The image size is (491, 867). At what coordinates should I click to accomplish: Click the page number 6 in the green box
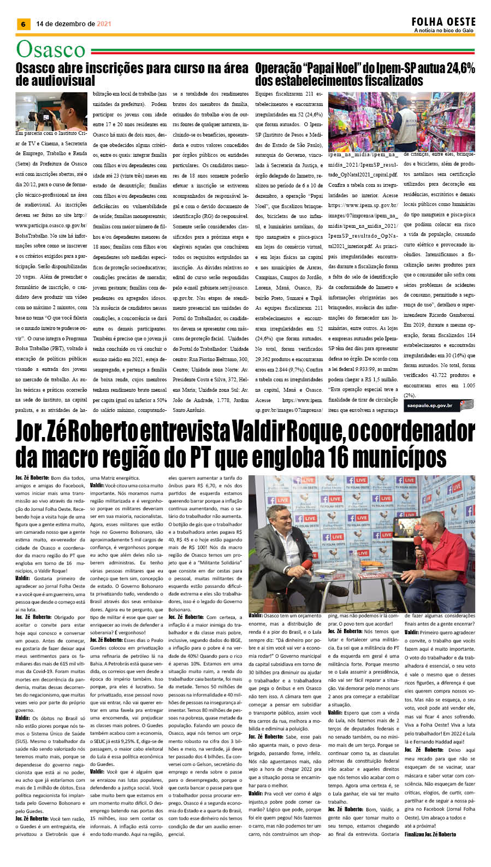coord(23,24)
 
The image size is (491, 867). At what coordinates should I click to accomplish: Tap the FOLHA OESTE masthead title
coord(443,22)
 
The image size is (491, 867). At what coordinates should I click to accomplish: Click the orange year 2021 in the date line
coord(104,24)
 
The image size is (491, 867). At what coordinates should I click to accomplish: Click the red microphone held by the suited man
coord(306,564)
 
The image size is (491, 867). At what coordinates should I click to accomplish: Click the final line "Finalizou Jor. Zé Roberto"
coord(430,834)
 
